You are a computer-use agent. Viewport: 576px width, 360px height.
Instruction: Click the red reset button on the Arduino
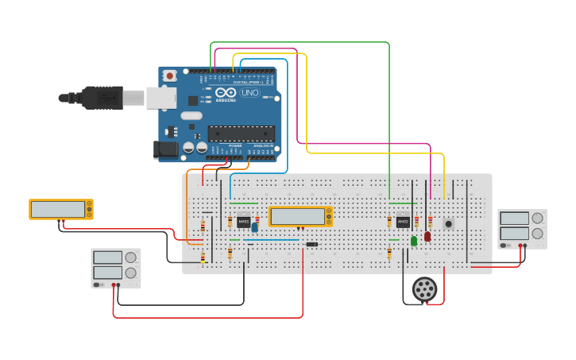point(169,75)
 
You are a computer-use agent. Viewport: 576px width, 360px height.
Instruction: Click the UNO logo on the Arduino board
point(250,93)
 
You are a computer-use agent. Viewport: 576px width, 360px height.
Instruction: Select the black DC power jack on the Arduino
point(165,149)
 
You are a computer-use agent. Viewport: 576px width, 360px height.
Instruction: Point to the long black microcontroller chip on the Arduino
point(242,134)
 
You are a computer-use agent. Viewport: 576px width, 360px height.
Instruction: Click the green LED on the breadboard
point(414,240)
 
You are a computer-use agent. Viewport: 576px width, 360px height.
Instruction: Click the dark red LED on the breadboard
point(427,236)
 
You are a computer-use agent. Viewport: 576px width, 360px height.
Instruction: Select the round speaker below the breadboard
point(425,288)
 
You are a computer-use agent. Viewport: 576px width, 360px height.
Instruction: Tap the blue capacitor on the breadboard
point(254,227)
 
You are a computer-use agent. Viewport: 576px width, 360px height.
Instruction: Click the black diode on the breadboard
point(311,244)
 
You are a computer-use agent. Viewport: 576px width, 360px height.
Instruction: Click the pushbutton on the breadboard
point(448,224)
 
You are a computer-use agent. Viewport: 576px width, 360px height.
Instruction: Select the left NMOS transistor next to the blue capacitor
point(243,222)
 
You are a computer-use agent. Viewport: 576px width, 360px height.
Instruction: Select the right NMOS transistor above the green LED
point(403,222)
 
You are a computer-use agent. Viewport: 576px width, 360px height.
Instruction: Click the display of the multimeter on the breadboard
point(298,216)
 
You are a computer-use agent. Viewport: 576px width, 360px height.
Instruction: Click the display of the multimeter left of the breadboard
point(58,209)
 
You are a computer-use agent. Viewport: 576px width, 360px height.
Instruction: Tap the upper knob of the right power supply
point(538,218)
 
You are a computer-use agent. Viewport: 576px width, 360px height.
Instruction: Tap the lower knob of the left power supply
point(131,273)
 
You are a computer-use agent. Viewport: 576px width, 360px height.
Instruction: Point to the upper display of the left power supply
point(108,257)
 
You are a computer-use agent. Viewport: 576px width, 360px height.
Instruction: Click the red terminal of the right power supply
point(525,246)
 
